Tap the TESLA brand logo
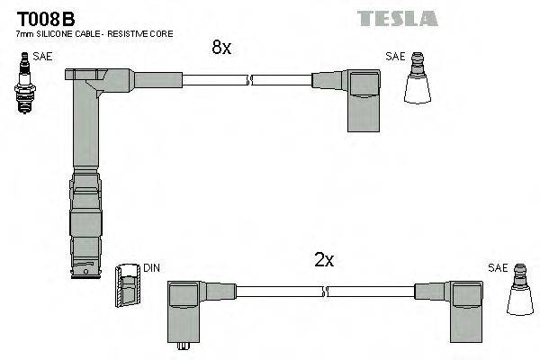(397, 18)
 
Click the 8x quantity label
(221, 49)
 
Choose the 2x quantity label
(324, 260)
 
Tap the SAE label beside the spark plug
(41, 56)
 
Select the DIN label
(151, 267)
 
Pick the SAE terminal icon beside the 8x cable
(417, 81)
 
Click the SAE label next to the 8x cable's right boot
(395, 56)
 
